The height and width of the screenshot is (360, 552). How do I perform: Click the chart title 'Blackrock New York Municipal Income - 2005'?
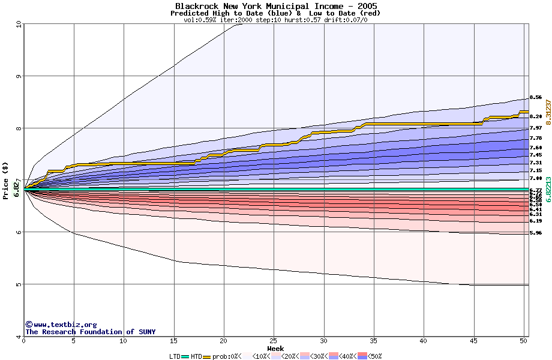(276, 6)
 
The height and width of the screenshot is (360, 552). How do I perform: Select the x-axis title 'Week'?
(275, 349)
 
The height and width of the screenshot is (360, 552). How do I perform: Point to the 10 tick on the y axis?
(19, 24)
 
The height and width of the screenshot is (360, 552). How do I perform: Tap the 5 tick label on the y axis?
(19, 284)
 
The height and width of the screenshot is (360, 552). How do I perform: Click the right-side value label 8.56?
(536, 97)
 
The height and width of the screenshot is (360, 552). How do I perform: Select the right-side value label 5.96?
(536, 233)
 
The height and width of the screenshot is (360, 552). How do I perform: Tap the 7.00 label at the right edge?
(536, 178)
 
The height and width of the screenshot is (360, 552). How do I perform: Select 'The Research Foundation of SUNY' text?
(90, 332)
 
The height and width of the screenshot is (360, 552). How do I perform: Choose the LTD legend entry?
(175, 356)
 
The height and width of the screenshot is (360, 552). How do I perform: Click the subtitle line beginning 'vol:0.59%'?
(275, 20)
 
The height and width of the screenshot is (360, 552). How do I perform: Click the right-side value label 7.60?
(536, 148)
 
